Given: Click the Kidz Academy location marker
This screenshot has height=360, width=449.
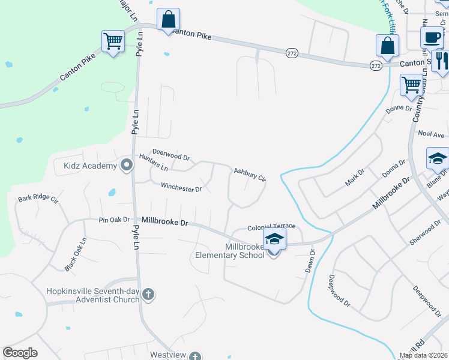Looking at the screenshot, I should (126, 164).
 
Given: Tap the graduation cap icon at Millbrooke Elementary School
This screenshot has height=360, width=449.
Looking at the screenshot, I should (274, 239).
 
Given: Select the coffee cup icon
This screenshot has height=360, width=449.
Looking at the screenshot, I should (430, 38).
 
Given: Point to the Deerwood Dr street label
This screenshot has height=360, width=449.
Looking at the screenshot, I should (171, 155).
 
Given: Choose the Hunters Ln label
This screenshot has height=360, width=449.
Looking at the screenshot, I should (153, 162).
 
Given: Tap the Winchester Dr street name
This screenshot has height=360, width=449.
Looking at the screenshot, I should (181, 188).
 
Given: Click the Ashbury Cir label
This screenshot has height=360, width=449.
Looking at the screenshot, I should (250, 175).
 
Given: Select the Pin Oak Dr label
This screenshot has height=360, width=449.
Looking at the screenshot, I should (115, 220).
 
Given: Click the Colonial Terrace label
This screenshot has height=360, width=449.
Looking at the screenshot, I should (272, 226).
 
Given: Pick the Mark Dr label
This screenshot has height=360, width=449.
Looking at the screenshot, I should (355, 177).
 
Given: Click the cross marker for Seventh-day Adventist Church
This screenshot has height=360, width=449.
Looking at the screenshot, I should (149, 295).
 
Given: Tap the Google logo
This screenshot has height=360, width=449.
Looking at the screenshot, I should (20, 353).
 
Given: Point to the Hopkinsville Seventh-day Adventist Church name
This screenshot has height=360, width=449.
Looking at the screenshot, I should (93, 295).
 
